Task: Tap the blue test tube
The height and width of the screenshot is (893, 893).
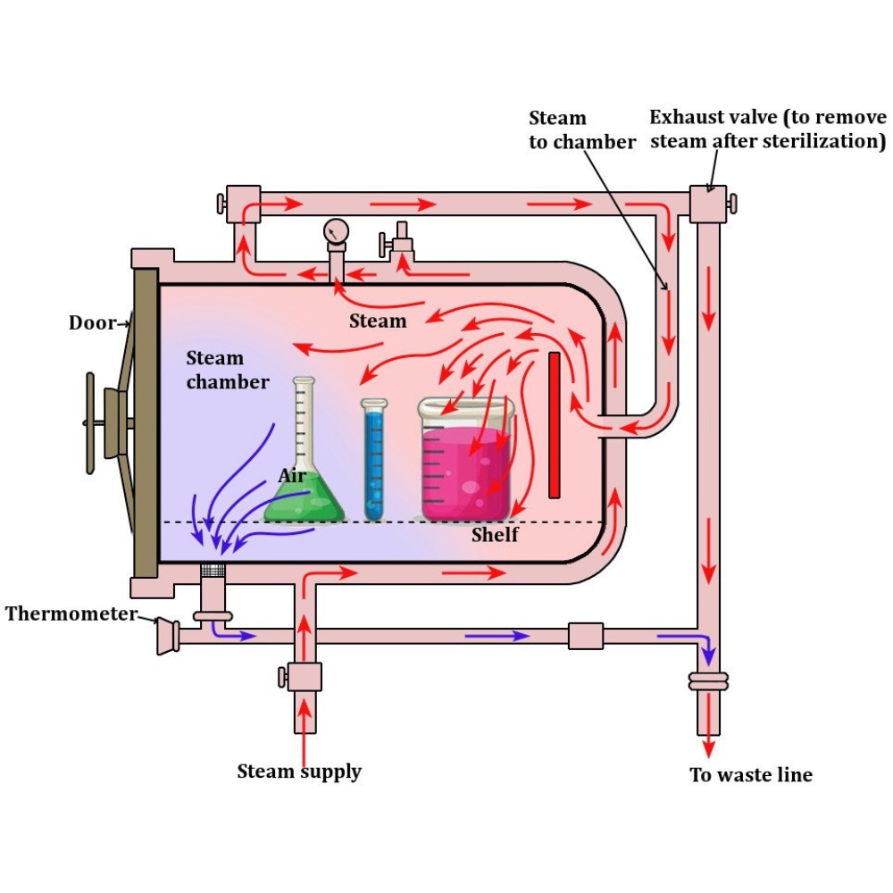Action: pyautogui.click(x=374, y=464)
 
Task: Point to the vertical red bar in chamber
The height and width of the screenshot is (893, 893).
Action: pyautogui.click(x=555, y=425)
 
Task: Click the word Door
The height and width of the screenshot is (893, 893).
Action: pyautogui.click(x=92, y=322)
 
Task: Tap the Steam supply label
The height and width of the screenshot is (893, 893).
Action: pyautogui.click(x=299, y=771)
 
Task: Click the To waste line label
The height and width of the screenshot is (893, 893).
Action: pyautogui.click(x=751, y=774)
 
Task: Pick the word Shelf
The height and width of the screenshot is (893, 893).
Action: pyautogui.click(x=495, y=535)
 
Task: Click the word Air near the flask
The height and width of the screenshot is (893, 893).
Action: pyautogui.click(x=292, y=476)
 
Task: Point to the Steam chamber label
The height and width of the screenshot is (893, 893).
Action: pyautogui.click(x=227, y=370)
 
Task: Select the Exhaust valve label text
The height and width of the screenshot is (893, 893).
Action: pyautogui.click(x=767, y=129)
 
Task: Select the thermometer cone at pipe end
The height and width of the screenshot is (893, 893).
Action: pyautogui.click(x=166, y=636)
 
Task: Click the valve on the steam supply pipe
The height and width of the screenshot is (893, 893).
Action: pyautogui.click(x=305, y=676)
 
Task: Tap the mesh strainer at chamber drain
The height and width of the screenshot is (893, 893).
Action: pyautogui.click(x=212, y=570)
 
